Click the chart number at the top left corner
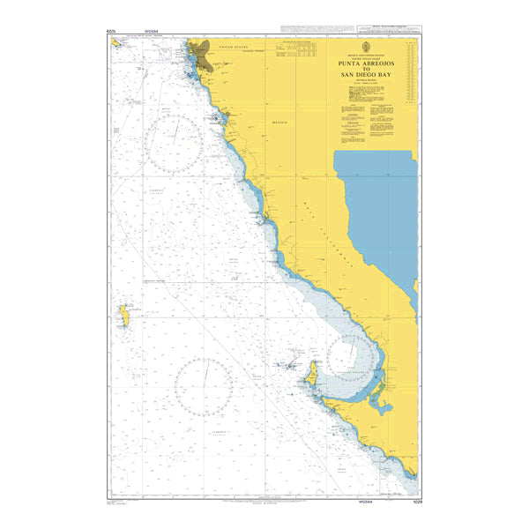click(x=110, y=31)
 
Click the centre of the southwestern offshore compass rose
click(x=203, y=387)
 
